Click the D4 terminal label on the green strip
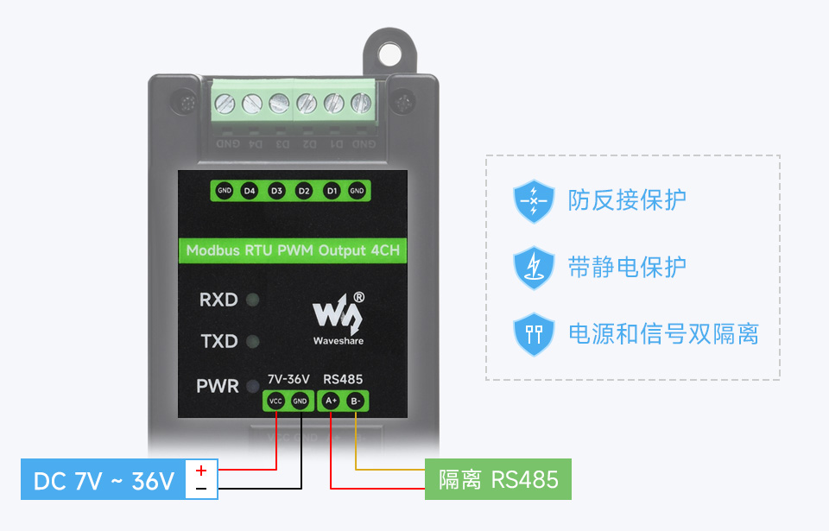[x=250, y=190]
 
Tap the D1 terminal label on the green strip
[x=331, y=190]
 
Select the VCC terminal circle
[x=275, y=401]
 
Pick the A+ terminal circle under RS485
[x=331, y=401]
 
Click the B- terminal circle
[x=356, y=401]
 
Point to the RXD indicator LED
[x=253, y=300]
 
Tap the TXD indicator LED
[x=253, y=341]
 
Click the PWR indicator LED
[x=253, y=386]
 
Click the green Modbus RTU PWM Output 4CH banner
[x=292, y=250]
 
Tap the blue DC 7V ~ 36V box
[x=103, y=480]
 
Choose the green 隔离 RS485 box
[x=497, y=479]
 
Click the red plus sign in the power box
[x=201, y=471]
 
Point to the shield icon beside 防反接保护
[x=534, y=201]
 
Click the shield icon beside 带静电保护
[x=534, y=267]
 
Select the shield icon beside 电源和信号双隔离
[x=534, y=334]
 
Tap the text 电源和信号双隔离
[x=663, y=334]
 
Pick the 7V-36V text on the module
[x=288, y=379]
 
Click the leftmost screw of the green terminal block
[x=225, y=104]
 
